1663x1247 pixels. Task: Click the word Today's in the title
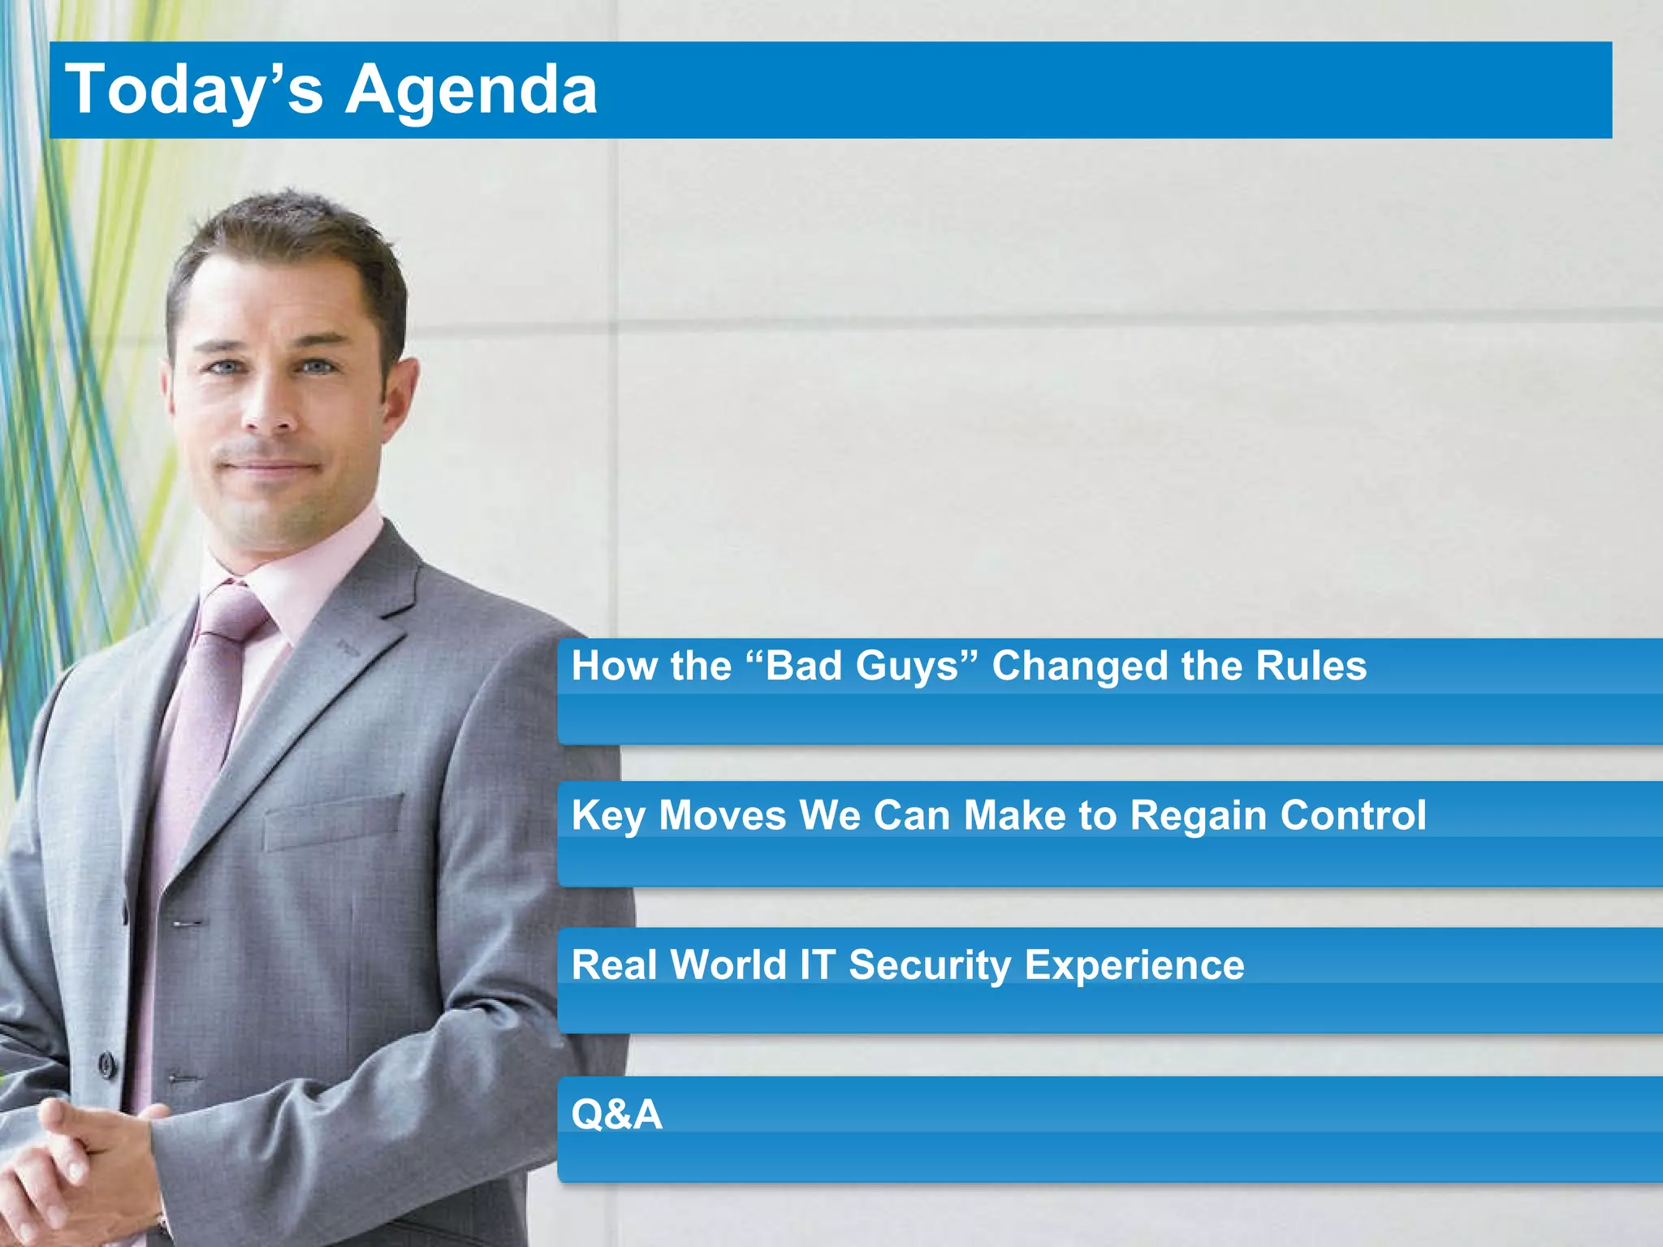click(x=195, y=89)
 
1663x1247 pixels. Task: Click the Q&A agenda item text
click(x=616, y=1114)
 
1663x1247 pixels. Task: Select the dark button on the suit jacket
click(x=106, y=1064)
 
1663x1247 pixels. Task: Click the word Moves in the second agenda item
click(x=722, y=816)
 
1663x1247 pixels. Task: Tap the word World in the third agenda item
click(x=728, y=965)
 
